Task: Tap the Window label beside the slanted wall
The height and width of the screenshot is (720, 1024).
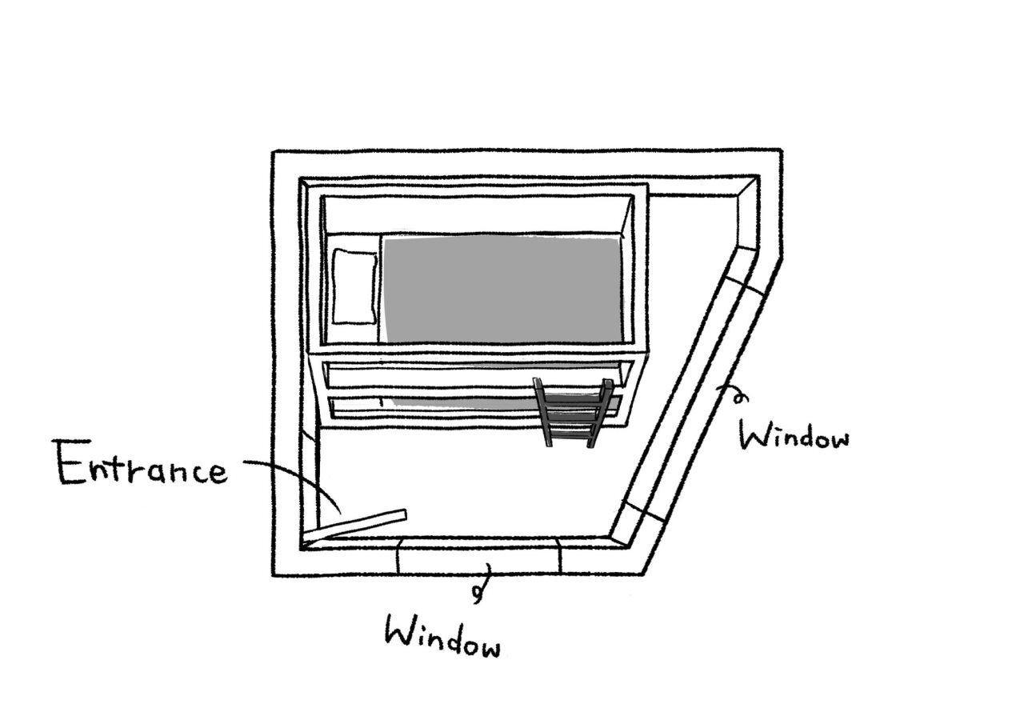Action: pos(793,435)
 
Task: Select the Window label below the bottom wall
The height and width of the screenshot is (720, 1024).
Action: pos(443,635)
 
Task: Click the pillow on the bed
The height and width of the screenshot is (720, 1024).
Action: pos(354,286)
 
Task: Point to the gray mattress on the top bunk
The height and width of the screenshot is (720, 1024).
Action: pos(502,289)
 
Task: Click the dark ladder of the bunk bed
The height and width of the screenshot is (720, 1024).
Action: pos(572,412)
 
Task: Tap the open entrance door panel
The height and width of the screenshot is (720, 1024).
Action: pos(357,525)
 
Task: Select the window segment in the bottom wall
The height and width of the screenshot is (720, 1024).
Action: pos(478,554)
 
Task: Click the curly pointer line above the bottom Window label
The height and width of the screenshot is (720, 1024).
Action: pos(482,584)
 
